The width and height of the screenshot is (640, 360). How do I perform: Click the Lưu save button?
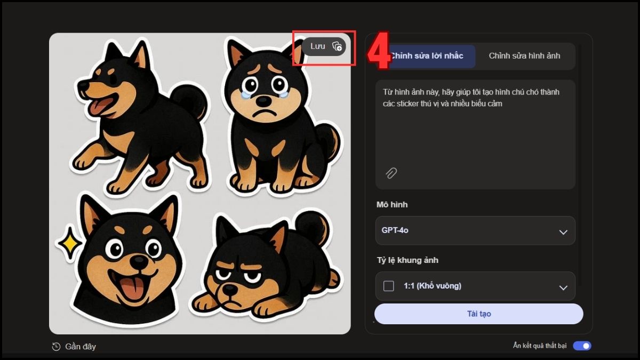point(324,46)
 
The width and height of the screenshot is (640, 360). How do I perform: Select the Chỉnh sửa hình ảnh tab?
point(524,56)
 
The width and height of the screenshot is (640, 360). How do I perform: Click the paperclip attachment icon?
point(391,173)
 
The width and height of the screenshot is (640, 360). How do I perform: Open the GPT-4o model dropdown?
point(475,231)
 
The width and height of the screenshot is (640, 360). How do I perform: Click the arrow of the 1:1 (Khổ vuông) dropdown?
point(563,287)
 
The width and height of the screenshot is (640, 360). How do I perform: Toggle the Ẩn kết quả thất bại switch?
point(582,346)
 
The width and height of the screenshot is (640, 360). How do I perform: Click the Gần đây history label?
point(80,347)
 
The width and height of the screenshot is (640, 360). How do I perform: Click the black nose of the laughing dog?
point(139,262)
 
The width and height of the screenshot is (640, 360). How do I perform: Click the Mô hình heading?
point(391,205)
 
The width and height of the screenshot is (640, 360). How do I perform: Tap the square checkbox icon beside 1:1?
point(389,286)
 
